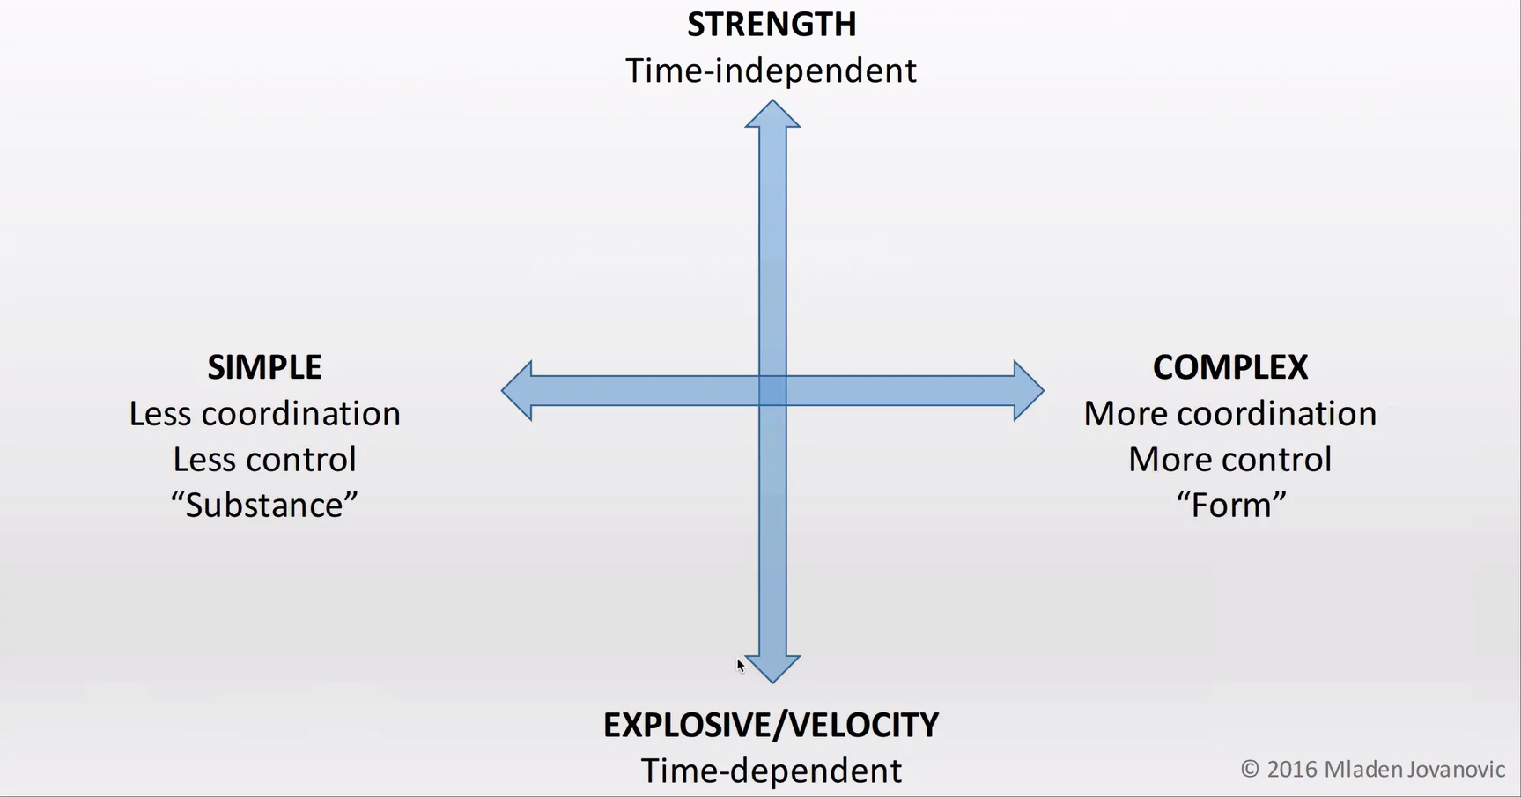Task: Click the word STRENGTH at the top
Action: [772, 25]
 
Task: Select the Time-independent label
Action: [772, 70]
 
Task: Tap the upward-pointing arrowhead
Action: [772, 114]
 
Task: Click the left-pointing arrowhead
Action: [518, 390]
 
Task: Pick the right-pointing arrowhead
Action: [1028, 390]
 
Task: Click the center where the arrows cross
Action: [772, 390]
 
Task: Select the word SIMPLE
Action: [264, 367]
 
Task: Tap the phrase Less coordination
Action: [264, 414]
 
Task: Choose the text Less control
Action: [264, 460]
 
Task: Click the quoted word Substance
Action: [264, 506]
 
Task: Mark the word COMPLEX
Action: [1230, 367]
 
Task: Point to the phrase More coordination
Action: [1230, 414]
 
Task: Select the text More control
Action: [1230, 460]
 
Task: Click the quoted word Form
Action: [1231, 506]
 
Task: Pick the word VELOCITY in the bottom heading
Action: [864, 725]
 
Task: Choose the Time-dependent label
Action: [772, 771]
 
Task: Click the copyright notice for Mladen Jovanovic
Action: [1372, 770]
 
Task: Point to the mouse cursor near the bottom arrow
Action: [741, 666]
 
